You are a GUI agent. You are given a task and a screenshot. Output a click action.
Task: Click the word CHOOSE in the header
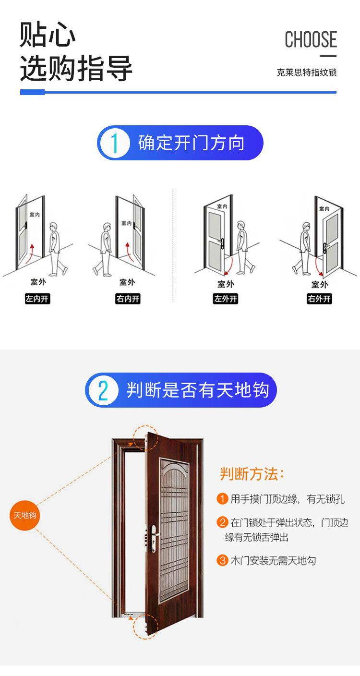(x=311, y=39)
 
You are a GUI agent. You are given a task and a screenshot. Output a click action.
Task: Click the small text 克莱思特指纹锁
(x=307, y=72)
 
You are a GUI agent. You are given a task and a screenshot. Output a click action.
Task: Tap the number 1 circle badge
(x=114, y=143)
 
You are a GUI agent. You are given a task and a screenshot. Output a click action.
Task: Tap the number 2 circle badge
(x=103, y=390)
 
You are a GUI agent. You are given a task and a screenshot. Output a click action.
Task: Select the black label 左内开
(x=37, y=299)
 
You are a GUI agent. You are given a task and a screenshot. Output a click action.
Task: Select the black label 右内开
(x=128, y=299)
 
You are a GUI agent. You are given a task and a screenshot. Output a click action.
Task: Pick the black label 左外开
(x=226, y=299)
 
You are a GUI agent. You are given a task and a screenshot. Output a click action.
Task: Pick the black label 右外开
(x=319, y=299)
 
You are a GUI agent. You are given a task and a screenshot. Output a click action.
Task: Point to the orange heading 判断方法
(x=252, y=474)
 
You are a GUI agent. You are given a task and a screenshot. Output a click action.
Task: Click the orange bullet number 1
(x=222, y=499)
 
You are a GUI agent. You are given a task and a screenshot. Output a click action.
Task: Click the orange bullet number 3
(x=222, y=560)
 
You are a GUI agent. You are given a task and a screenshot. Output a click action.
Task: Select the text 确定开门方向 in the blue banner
(x=192, y=143)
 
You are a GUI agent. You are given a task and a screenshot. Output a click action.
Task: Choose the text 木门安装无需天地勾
(x=273, y=560)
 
